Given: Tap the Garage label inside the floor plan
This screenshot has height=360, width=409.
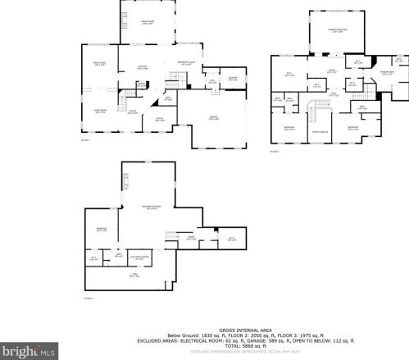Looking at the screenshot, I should tap(212, 122).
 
